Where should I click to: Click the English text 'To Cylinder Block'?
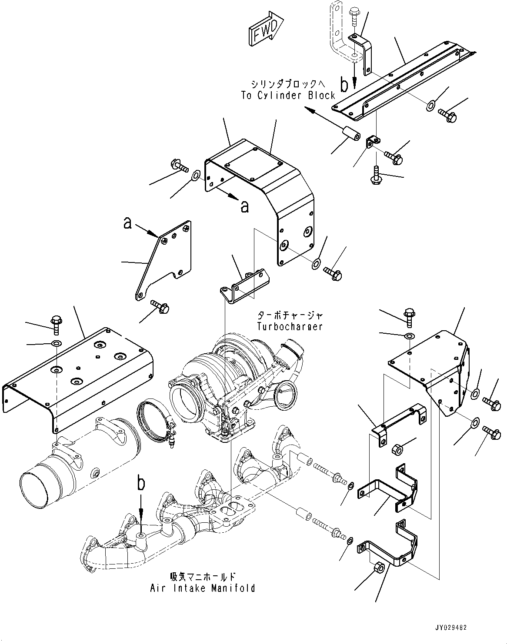pyautogui.click(x=288, y=96)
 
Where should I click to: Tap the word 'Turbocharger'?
pyautogui.click(x=290, y=326)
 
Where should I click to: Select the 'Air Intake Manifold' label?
pyautogui.click(x=203, y=588)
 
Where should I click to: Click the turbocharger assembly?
pyautogui.click(x=235, y=382)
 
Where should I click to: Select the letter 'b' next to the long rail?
pyautogui.click(x=344, y=85)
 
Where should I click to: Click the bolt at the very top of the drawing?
pyautogui.click(x=353, y=16)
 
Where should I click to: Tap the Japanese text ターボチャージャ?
pyautogui.click(x=290, y=315)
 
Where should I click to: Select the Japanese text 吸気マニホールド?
pyautogui.click(x=203, y=577)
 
